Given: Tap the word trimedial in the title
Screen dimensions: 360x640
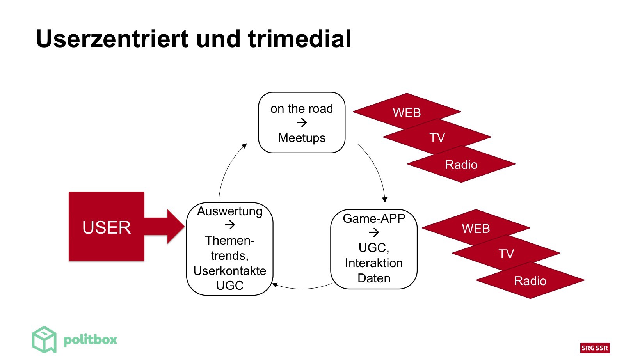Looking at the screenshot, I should pyautogui.click(x=299, y=39).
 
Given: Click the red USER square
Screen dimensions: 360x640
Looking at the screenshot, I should pyautogui.click(x=106, y=227).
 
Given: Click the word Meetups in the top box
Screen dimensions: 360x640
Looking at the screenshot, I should pyautogui.click(x=302, y=138).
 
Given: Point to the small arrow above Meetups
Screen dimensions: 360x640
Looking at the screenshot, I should pyautogui.click(x=302, y=123).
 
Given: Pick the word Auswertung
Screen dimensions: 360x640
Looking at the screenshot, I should pyautogui.click(x=229, y=211).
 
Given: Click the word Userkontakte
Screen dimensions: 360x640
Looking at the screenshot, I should pyautogui.click(x=229, y=271).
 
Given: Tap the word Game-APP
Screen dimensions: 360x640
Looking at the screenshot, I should pyautogui.click(x=374, y=218).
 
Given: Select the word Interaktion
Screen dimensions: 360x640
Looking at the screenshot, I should pyautogui.click(x=374, y=263).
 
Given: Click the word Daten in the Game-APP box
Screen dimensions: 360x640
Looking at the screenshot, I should pyautogui.click(x=374, y=278).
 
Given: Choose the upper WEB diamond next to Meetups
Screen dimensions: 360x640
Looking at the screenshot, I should pyautogui.click(x=407, y=112).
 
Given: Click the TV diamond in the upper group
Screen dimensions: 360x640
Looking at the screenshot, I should pyautogui.click(x=437, y=137).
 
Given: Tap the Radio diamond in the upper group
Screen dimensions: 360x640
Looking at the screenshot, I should pyautogui.click(x=461, y=164).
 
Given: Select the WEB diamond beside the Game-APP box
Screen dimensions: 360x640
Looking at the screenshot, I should pyautogui.click(x=476, y=228).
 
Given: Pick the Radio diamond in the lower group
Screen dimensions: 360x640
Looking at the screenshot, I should pyautogui.click(x=530, y=280).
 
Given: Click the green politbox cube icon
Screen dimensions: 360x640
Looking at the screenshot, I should pyautogui.click(x=44, y=339).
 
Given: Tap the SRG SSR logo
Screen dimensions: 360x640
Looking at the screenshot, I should pyautogui.click(x=594, y=348).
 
